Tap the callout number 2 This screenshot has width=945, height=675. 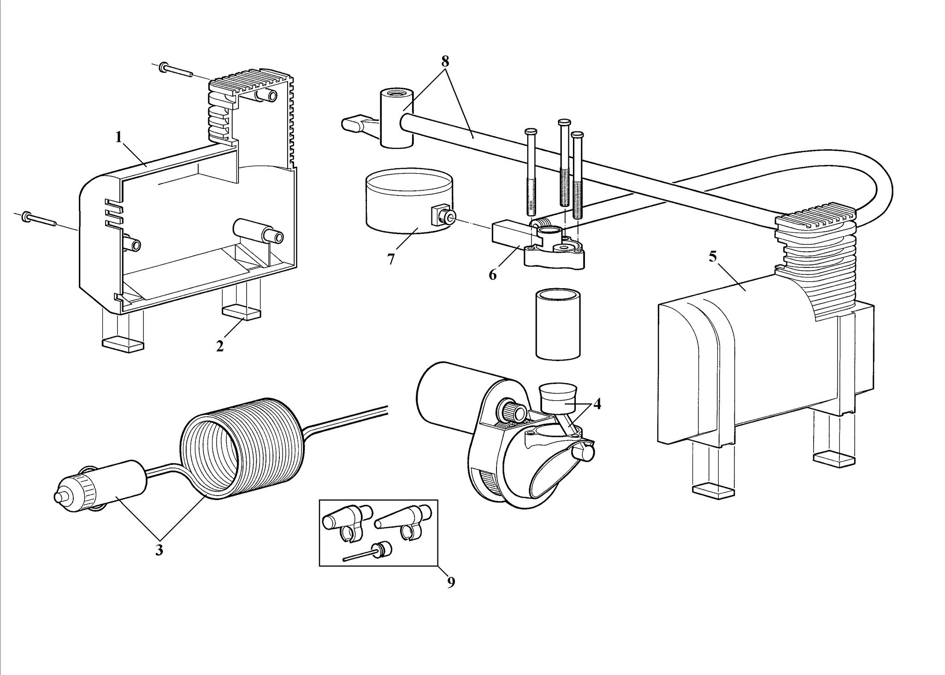[220, 346]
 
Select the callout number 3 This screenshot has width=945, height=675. [159, 550]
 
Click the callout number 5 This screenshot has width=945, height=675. [713, 257]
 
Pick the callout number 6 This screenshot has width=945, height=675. [493, 275]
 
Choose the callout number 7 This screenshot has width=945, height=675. [391, 260]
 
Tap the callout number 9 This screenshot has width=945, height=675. [451, 582]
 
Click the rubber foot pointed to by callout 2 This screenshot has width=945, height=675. [242, 314]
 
